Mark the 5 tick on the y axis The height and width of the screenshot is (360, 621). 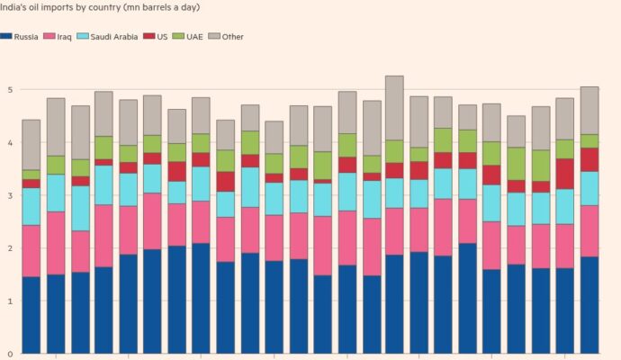coord(8,90)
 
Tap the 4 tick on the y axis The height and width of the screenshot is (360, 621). coord(8,143)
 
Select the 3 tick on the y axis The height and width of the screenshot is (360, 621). coord(8,195)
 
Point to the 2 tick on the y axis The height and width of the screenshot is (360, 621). coord(8,248)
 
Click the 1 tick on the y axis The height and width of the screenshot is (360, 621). coord(8,301)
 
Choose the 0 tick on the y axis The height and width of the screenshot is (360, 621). coord(8,354)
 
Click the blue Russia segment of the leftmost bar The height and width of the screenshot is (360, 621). coord(31,315)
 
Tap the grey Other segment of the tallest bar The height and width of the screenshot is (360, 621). coord(394,107)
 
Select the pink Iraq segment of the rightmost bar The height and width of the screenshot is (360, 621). coord(589,230)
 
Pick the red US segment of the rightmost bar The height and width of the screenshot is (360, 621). coord(589,159)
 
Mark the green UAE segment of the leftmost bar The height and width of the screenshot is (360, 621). coord(31,174)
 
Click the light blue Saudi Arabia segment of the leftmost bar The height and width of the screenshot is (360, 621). coord(31,206)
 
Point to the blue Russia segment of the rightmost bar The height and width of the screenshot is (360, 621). coord(589,305)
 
